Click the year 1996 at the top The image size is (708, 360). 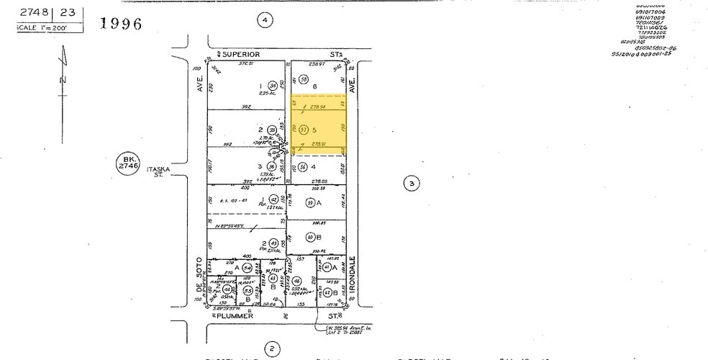pyautogui.click(x=120, y=24)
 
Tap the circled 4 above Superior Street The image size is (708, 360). pyautogui.click(x=265, y=20)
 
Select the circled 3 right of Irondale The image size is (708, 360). pyautogui.click(x=411, y=184)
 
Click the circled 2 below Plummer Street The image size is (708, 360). pyautogui.click(x=271, y=349)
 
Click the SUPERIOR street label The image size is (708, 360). pyautogui.click(x=240, y=54)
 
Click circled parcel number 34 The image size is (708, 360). pyautogui.click(x=273, y=85)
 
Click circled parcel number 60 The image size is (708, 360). pyautogui.click(x=311, y=236)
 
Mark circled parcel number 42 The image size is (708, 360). pyautogui.click(x=273, y=199)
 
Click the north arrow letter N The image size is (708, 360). pyautogui.click(x=63, y=79)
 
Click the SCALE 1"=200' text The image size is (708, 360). pyautogui.click(x=42, y=27)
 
